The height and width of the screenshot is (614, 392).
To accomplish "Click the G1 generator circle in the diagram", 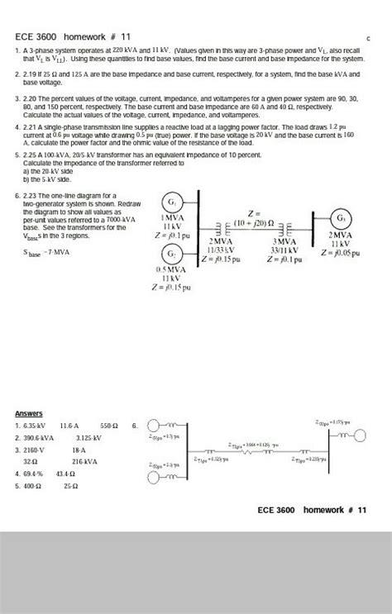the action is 170,202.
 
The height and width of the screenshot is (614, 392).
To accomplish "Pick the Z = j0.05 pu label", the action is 340,253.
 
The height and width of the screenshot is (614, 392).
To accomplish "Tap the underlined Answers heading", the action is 29,413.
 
